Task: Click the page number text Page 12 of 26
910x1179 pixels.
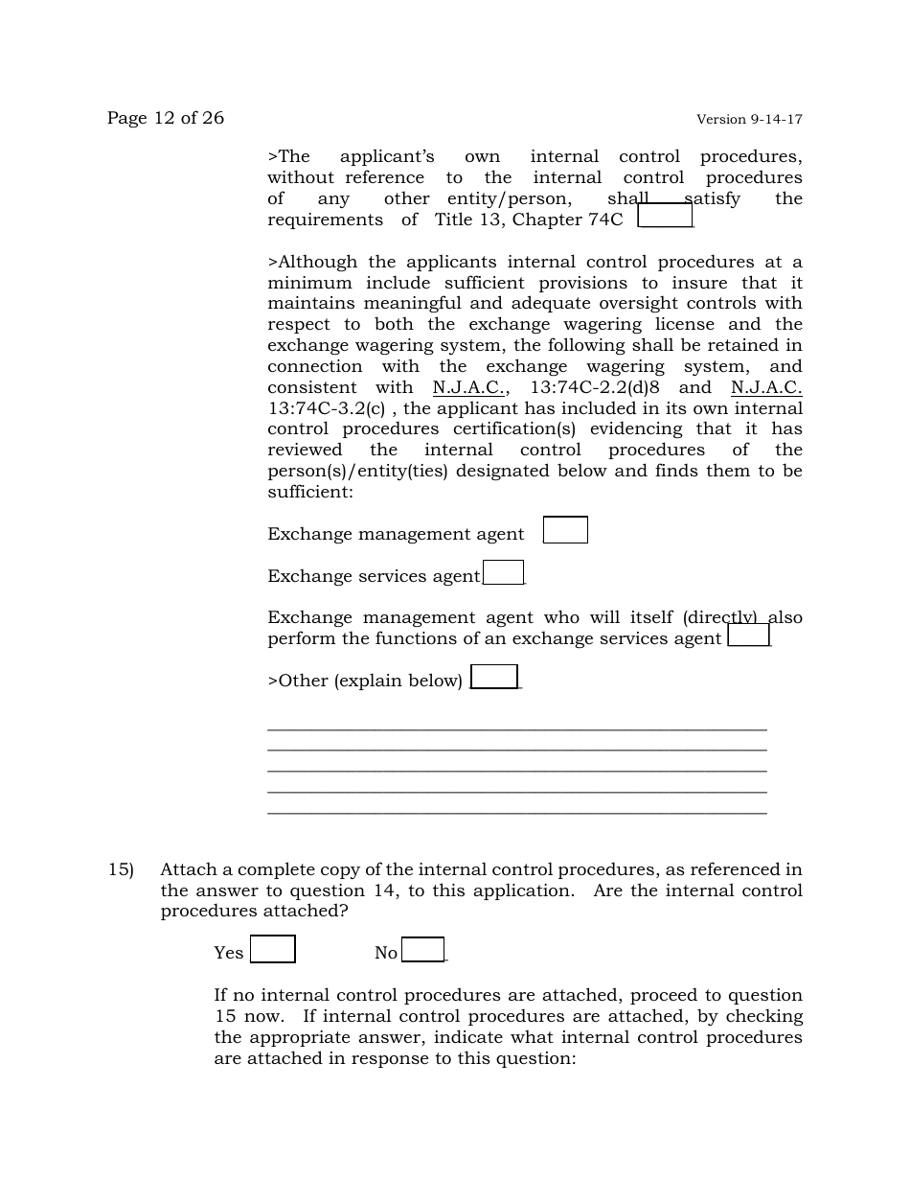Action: [165, 118]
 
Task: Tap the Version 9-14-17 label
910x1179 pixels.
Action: [749, 120]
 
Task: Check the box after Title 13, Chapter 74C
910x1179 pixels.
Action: [665, 216]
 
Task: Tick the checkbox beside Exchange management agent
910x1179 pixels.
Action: [565, 530]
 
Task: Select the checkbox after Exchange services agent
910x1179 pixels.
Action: [504, 572]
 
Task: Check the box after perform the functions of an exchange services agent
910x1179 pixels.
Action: [749, 636]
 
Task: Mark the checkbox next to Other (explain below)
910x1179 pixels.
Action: [494, 677]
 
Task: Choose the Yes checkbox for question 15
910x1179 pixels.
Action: [273, 949]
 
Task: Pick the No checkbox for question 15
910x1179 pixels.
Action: [423, 950]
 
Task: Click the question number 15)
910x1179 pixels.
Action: [120, 870]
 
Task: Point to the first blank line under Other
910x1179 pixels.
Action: [516, 729]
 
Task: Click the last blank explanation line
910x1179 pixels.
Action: [516, 814]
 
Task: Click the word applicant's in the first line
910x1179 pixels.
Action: [387, 156]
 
